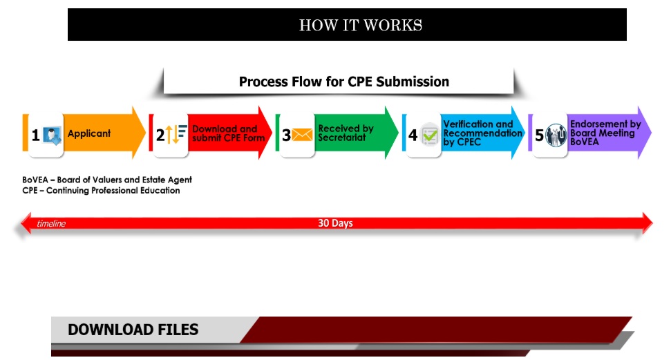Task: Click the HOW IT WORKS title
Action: pos(360,26)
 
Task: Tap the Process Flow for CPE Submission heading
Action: pos(344,82)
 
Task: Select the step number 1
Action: pos(35,135)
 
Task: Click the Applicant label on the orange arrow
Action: pos(89,133)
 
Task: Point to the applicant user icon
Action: pos(53,135)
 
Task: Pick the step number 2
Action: pos(160,135)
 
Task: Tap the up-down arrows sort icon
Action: pos(176,134)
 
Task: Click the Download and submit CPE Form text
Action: pos(229,133)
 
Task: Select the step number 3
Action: pos(286,135)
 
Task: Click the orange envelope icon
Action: pos(302,135)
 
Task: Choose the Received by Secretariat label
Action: pos(346,133)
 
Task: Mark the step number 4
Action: pos(413,135)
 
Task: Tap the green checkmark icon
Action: pos(430,135)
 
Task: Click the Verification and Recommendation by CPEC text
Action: pos(483,133)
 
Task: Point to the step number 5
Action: pos(539,135)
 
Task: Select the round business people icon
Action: pos(556,135)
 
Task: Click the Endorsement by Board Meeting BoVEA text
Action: pos(605,133)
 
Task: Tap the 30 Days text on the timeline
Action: pos(336,223)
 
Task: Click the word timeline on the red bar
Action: pos(51,223)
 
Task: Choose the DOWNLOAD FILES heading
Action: pos(133,330)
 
